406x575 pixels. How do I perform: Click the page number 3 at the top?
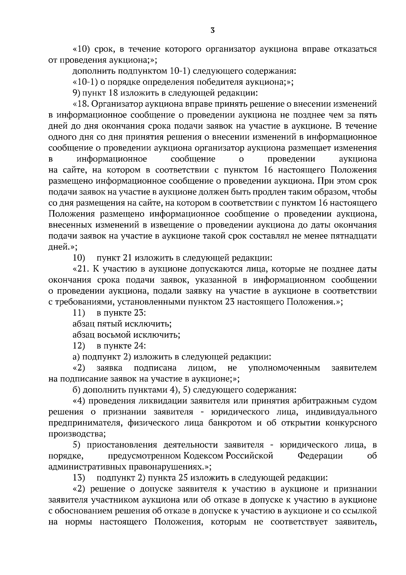point(212,31)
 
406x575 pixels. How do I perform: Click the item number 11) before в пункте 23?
point(79,313)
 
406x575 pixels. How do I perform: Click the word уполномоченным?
point(284,368)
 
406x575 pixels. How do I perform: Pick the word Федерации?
point(320,456)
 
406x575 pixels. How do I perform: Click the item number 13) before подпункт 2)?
point(79,478)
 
